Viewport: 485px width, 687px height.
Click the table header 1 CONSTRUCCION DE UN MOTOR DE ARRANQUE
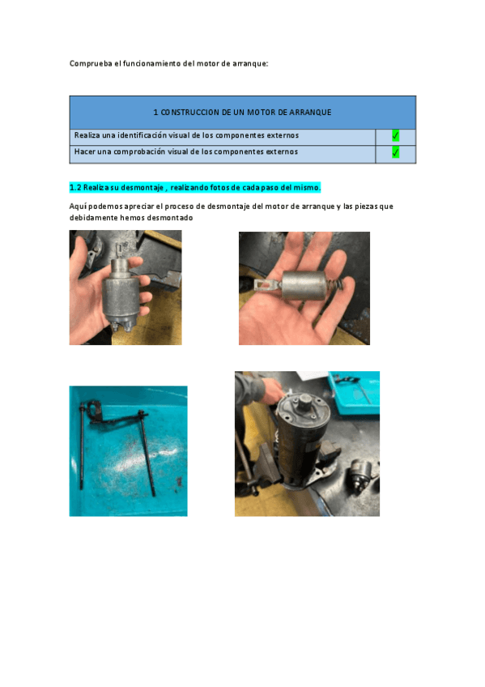pyautogui.click(x=242, y=112)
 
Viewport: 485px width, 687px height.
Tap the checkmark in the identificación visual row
pyautogui.click(x=395, y=136)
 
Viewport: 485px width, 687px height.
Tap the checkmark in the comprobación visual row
pyautogui.click(x=395, y=152)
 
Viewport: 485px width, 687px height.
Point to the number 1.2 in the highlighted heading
pyautogui.click(x=75, y=187)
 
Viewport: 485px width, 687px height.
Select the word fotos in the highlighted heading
pyautogui.click(x=219, y=187)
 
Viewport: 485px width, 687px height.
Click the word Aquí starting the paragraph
pyautogui.click(x=78, y=207)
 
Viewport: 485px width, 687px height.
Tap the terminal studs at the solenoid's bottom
pyautogui.click(x=121, y=326)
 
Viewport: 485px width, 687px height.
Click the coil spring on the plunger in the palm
pyautogui.click(x=336, y=286)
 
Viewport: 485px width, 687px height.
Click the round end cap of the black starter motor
pyautogui.click(x=303, y=404)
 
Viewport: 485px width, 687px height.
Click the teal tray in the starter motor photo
pyautogui.click(x=354, y=393)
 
